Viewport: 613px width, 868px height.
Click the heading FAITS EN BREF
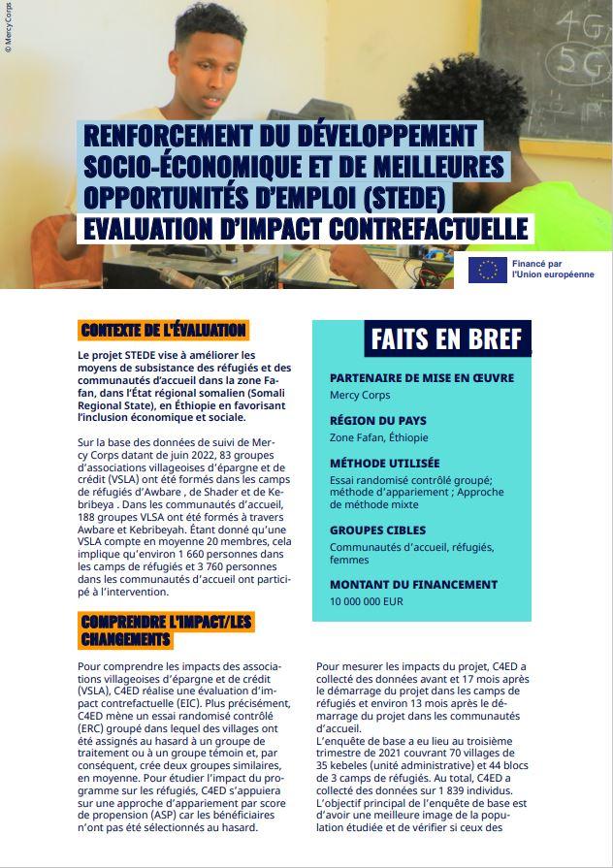pos(446,339)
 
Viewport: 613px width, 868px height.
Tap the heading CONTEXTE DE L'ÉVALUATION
pos(162,331)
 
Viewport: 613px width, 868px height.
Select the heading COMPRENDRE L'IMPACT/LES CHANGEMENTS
pos(167,629)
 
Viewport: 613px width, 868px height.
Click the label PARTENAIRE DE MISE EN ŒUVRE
pos(422,377)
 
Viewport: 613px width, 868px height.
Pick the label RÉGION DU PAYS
pos(377,421)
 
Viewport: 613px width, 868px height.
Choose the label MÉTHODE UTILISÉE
pos(384,464)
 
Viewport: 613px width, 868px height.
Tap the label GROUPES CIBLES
pos(377,530)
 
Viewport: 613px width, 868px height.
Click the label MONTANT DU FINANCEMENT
pos(413,585)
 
